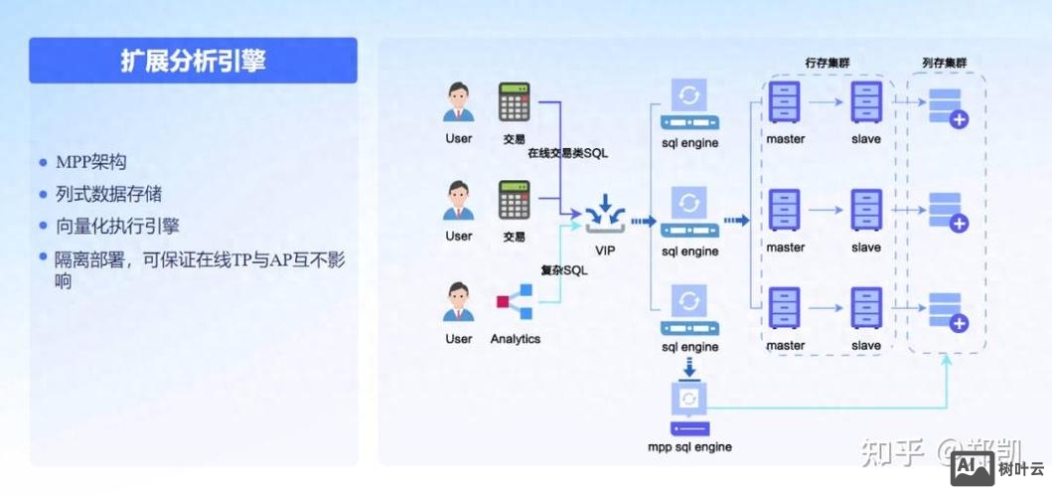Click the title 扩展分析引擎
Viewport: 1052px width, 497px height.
pos(193,61)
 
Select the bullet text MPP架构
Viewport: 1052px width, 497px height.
pos(90,162)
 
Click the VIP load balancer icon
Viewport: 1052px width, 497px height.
pos(605,217)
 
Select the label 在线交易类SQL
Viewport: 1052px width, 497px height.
pos(567,153)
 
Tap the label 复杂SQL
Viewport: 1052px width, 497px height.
pos(563,270)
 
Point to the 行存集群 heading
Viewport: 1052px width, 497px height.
pos(827,63)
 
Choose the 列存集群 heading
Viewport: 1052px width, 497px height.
pos(945,63)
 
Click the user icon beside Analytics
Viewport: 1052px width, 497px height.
pos(458,302)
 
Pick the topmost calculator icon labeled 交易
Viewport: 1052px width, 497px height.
pos(514,101)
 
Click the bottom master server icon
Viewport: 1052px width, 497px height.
pos(785,308)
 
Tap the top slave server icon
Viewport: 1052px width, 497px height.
pos(865,101)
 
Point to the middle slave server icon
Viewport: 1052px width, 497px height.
pos(865,210)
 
